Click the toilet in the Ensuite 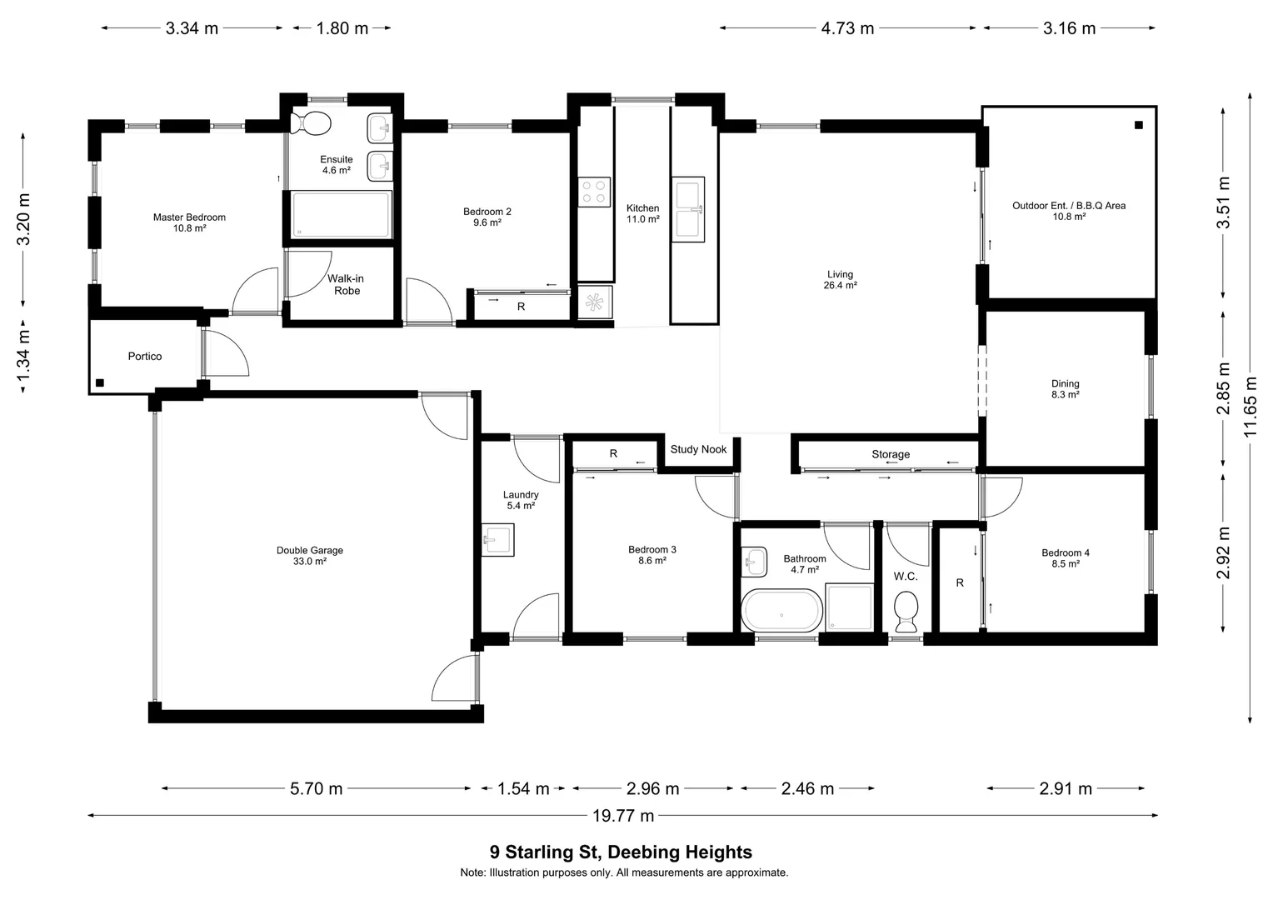click(x=312, y=122)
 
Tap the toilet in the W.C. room click(x=905, y=611)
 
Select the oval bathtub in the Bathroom click(x=781, y=611)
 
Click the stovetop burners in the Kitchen click(x=595, y=192)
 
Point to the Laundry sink click(x=497, y=540)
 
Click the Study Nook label click(x=698, y=449)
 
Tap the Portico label click(x=145, y=356)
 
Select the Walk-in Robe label click(x=347, y=284)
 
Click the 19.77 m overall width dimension click(x=623, y=816)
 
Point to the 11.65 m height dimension click(x=1250, y=407)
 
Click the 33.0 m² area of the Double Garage click(x=310, y=562)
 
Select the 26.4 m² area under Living click(x=840, y=285)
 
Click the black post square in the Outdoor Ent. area click(x=1138, y=125)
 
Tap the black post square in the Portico click(x=100, y=382)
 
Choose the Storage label click(x=891, y=454)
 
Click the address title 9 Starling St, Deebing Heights click(x=621, y=852)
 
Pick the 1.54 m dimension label click(x=523, y=788)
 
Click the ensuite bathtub click(x=340, y=215)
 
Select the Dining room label click(x=1065, y=384)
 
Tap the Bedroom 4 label click(x=1065, y=552)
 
